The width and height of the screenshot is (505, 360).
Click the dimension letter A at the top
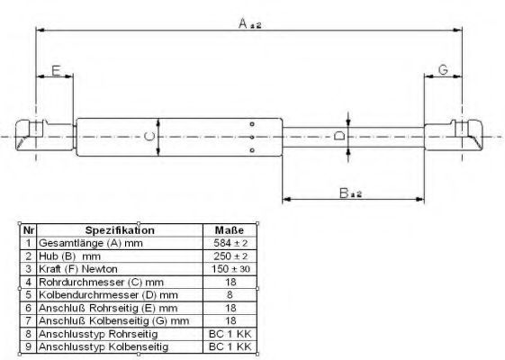[x=243, y=23]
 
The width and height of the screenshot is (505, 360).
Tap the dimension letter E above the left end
[x=56, y=70]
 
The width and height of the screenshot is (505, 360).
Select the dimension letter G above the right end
[x=444, y=69]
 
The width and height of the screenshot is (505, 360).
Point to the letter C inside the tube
[x=149, y=137]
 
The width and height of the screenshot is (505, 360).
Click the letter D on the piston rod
[x=339, y=135]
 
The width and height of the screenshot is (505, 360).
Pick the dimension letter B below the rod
[x=344, y=193]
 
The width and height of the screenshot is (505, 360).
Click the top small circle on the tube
[x=252, y=124]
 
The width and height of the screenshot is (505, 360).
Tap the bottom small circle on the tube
[x=252, y=150]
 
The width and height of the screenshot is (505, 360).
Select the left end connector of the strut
[x=44, y=135]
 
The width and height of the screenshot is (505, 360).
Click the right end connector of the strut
[x=454, y=135]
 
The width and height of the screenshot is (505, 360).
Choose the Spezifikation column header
[x=120, y=230]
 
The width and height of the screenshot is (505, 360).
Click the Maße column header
[x=230, y=230]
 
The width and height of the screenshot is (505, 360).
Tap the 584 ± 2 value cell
[x=230, y=243]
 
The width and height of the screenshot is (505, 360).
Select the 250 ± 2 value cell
[x=230, y=256]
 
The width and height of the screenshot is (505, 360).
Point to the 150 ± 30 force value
[x=230, y=269]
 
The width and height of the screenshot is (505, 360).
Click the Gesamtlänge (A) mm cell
[x=91, y=243]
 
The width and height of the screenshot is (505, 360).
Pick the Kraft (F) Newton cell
[x=78, y=269]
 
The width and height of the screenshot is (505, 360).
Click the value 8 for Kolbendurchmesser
[x=230, y=294]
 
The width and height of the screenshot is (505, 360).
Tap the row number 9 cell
[x=28, y=346]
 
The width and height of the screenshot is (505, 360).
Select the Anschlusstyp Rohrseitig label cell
[x=98, y=334]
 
